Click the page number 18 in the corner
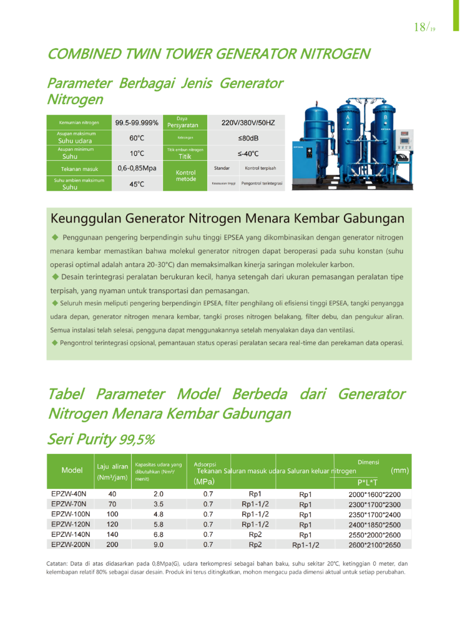coord(421,27)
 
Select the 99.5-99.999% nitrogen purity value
coord(137,123)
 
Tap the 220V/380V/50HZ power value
coord(248,123)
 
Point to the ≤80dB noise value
coord(248,138)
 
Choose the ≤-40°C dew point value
coord(248,153)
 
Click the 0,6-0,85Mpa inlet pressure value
coord(137,168)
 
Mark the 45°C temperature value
coord(137,184)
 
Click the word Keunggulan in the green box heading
coord(85,219)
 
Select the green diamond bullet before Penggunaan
coord(55,237)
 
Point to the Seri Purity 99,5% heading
coord(100,439)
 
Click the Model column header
coord(72,470)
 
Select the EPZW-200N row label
coord(71,544)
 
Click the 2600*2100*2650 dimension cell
coord(374,545)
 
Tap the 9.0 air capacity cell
coord(159,544)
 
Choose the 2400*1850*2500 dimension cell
coord(374,524)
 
